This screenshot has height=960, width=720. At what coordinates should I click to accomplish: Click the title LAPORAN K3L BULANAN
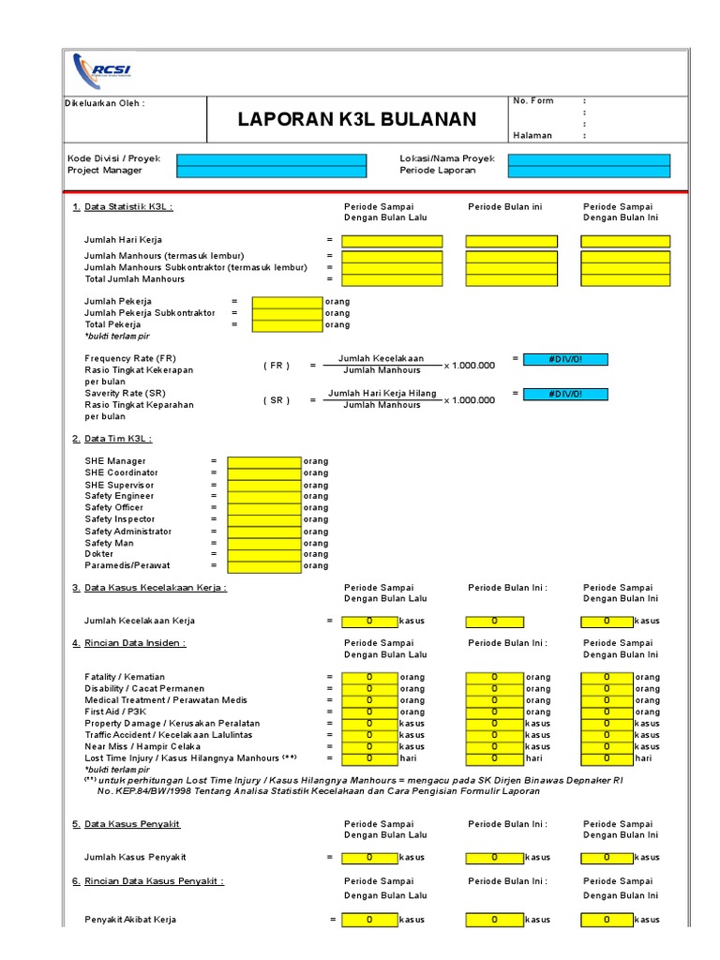coord(356,119)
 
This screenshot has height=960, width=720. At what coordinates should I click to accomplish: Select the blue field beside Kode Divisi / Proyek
coord(272,158)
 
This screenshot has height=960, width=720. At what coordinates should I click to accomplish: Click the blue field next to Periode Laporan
coord(589,171)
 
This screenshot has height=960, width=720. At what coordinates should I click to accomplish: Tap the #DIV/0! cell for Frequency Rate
coord(564,359)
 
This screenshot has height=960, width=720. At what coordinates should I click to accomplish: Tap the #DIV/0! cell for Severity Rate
coord(564,394)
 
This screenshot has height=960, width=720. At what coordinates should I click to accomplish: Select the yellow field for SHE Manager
coord(264,461)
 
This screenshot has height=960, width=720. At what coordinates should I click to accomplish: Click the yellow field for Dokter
coord(264,554)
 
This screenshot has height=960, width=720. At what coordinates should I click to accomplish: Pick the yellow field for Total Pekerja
coord(287,324)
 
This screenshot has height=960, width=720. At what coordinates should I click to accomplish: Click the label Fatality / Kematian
coord(125,677)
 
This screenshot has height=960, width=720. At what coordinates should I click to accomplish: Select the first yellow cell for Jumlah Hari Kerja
coord(392,241)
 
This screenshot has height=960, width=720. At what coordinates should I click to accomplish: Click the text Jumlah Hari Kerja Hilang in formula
coord(382,393)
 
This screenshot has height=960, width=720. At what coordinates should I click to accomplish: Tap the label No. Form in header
coord(532,101)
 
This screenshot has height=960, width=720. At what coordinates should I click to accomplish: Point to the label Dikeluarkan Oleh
coord(105,103)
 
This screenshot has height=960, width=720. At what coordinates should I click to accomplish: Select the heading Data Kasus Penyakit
coord(131,823)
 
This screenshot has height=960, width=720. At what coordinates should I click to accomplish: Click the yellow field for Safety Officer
coord(264,507)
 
